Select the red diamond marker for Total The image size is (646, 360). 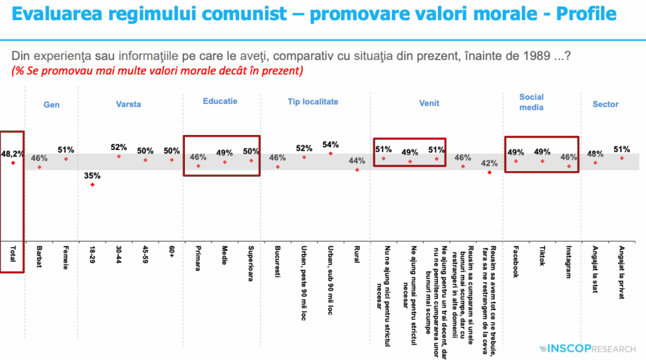12,163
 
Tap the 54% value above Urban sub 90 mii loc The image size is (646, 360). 331,144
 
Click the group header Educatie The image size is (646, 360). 220,101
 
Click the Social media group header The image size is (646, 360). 531,102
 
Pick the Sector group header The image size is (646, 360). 605,104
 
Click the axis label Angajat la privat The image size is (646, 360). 621,272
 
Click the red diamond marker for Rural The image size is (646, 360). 357,170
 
